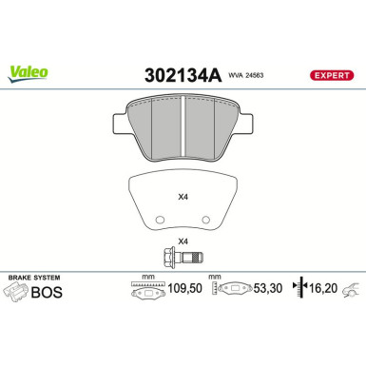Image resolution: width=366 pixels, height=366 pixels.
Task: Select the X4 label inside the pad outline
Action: point(183,198)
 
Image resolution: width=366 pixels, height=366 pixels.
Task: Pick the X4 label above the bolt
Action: point(183,241)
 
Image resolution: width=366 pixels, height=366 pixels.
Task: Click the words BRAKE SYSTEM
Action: point(35,278)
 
